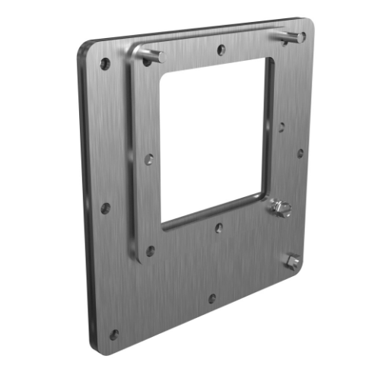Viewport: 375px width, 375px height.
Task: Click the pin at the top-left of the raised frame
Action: pos(154,55)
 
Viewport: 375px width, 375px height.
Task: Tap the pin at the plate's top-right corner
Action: pos(292,37)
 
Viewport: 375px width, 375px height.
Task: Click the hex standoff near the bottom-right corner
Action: pos(291,262)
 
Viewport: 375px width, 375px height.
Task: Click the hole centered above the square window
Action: pos(220,50)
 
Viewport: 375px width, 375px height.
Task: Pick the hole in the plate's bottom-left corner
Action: pos(114,334)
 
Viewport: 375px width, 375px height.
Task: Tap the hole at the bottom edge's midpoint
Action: pos(211,298)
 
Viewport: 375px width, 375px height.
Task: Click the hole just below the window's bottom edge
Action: pos(218,227)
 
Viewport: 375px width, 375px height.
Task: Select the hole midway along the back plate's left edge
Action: pos(106,208)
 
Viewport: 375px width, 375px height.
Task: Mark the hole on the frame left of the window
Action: pos(150,159)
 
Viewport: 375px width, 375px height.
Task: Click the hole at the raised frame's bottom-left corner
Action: pos(151,249)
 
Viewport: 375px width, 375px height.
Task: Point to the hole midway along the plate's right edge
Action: pos(300,152)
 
